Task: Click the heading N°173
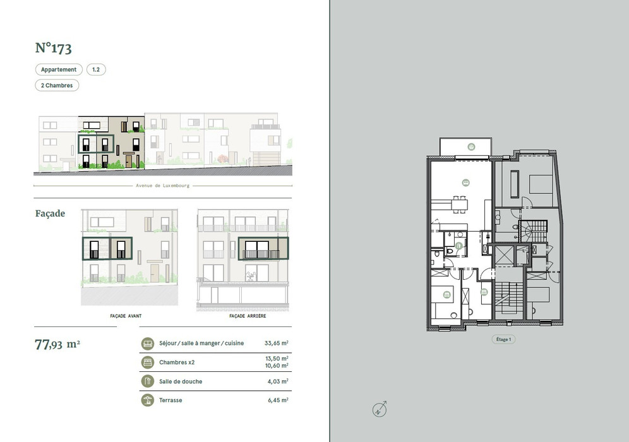pyautogui.click(x=53, y=48)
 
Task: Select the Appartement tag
pyautogui.click(x=59, y=69)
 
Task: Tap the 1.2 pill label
pyautogui.click(x=96, y=69)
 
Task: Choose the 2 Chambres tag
pyautogui.click(x=57, y=85)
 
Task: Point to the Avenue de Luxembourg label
pyautogui.click(x=162, y=186)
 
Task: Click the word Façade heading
pyautogui.click(x=50, y=213)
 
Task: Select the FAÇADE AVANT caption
pyautogui.click(x=126, y=316)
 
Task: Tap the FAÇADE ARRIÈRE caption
pyautogui.click(x=248, y=316)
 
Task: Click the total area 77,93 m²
pyautogui.click(x=57, y=345)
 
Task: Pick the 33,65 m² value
pyautogui.click(x=277, y=343)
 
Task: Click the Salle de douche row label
pyautogui.click(x=181, y=381)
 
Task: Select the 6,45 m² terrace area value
pyautogui.click(x=278, y=400)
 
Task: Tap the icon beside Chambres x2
pyautogui.click(x=148, y=362)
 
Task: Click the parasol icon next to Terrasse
pyautogui.click(x=148, y=400)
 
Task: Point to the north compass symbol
pyautogui.click(x=380, y=409)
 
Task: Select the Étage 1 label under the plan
pyautogui.click(x=503, y=339)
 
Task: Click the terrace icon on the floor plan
pyautogui.click(x=471, y=146)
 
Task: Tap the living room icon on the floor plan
pyautogui.click(x=465, y=182)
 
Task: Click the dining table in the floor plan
pyautogui.click(x=460, y=204)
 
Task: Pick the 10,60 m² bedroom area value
pyautogui.click(x=277, y=366)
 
